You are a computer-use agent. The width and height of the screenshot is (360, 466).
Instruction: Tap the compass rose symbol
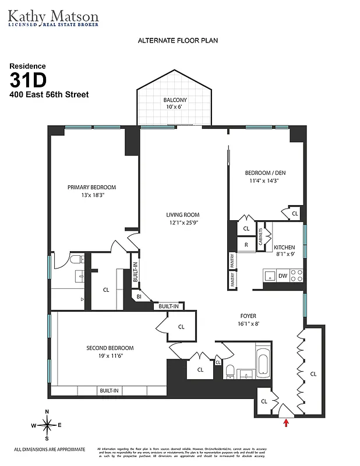pyautogui.click(x=47, y=425)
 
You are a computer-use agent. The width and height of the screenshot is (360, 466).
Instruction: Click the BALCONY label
pyautogui.click(x=175, y=100)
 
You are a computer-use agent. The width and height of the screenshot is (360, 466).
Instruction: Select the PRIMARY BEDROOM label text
pyautogui.click(x=91, y=187)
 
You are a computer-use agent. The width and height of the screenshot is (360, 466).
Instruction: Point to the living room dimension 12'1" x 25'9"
pyautogui.click(x=183, y=223)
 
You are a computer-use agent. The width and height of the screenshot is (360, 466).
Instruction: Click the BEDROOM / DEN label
pyautogui.click(x=265, y=172)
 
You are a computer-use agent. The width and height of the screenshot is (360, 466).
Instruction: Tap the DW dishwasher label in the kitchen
pyautogui.click(x=283, y=276)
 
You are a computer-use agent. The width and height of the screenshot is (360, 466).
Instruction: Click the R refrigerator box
pyautogui.click(x=246, y=245)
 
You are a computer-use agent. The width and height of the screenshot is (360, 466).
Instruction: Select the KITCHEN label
pyautogui.click(x=284, y=247)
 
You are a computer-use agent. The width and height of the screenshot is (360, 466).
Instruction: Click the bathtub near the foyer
pyautogui.click(x=262, y=360)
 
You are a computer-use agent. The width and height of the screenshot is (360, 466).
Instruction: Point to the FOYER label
pyautogui.click(x=248, y=316)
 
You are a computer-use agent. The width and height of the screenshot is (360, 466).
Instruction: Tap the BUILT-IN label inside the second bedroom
pyautogui.click(x=109, y=391)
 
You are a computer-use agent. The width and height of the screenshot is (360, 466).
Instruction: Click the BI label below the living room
pyautogui.click(x=139, y=296)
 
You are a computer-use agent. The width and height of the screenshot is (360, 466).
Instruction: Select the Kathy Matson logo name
pyautogui.click(x=53, y=15)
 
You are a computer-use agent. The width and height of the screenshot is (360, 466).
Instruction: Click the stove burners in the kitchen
pyautogui.click(x=297, y=275)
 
